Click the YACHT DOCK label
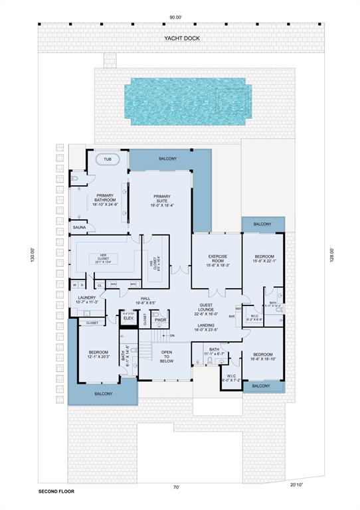point(182,39)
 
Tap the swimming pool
point(190,102)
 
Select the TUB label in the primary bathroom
point(108,160)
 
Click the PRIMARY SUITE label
point(162,200)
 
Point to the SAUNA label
point(79,228)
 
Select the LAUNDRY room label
point(88,299)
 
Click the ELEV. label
point(129,319)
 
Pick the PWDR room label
point(160,320)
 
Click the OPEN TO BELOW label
point(166,357)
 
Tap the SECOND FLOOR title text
point(56,492)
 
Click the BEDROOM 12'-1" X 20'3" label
point(98,355)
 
